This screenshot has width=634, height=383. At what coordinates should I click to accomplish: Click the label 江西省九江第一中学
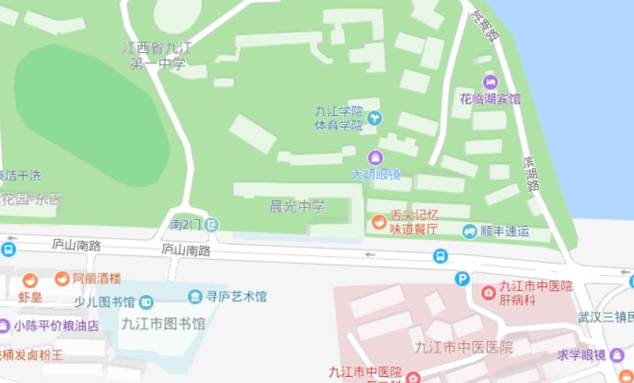point(157,57)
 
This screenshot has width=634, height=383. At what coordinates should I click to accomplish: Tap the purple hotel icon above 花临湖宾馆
point(490,82)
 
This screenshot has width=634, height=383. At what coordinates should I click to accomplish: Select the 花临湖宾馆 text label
point(490,99)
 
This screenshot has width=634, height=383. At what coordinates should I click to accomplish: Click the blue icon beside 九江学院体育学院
point(375,118)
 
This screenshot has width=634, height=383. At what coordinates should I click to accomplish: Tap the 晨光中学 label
point(297,206)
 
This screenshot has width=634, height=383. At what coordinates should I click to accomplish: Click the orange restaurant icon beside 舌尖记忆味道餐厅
point(377,222)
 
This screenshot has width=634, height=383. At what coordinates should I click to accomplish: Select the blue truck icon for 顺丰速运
point(470,231)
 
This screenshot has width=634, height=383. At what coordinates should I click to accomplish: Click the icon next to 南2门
point(213,224)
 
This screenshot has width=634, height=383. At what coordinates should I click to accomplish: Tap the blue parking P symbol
point(462,279)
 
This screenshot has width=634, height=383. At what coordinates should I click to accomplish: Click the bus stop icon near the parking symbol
point(440,257)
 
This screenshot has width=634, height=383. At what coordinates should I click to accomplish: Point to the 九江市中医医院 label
point(463,347)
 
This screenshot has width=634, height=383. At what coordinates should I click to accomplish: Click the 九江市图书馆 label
point(163,324)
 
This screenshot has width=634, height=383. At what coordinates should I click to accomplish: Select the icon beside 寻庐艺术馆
point(195,296)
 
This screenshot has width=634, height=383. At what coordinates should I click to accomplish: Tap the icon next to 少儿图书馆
point(146,303)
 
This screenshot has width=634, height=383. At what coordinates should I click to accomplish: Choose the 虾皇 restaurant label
point(30,298)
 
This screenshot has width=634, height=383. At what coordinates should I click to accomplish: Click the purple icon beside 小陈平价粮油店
point(4,326)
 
